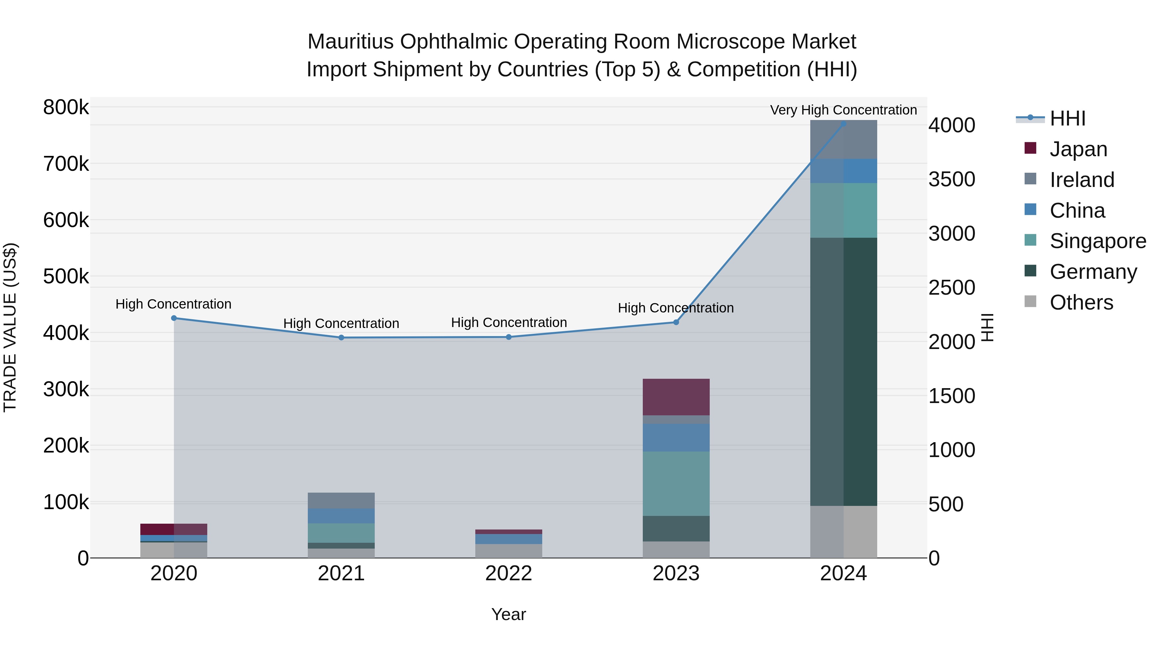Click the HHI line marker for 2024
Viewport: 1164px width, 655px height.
click(x=843, y=124)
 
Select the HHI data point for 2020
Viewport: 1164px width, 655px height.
click(x=174, y=318)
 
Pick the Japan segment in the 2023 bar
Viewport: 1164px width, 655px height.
click(x=676, y=397)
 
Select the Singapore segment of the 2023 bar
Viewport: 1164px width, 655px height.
click(x=676, y=483)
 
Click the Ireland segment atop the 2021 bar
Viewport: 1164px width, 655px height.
click(x=341, y=500)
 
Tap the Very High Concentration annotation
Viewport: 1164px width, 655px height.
click(x=843, y=110)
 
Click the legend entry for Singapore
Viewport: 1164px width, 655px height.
click(x=1098, y=241)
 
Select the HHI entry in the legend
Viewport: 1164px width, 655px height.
click(x=1067, y=118)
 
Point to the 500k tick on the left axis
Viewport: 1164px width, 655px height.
click(x=66, y=276)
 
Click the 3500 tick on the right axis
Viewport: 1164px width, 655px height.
click(x=952, y=180)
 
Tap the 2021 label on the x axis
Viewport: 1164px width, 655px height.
click(x=341, y=573)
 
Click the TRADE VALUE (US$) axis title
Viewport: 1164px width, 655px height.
click(x=10, y=327)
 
